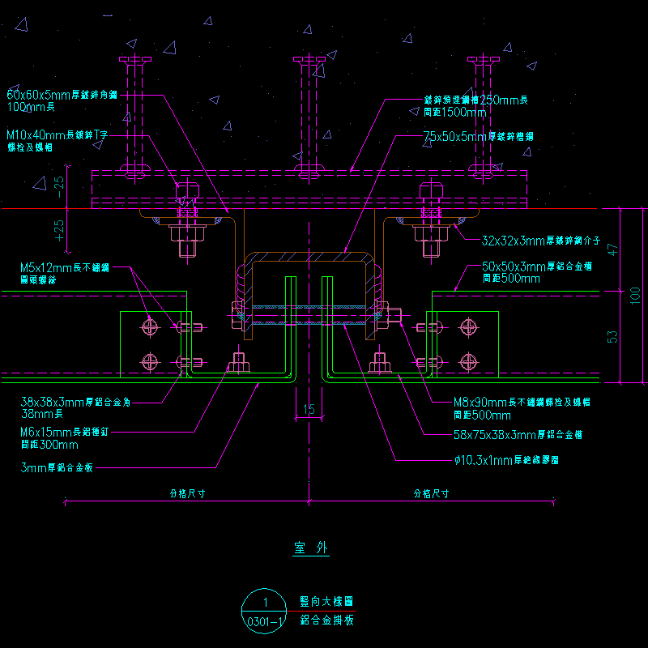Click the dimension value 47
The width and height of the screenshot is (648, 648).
(612, 249)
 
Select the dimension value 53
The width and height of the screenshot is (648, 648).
(612, 335)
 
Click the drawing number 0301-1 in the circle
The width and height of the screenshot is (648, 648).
(264, 622)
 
